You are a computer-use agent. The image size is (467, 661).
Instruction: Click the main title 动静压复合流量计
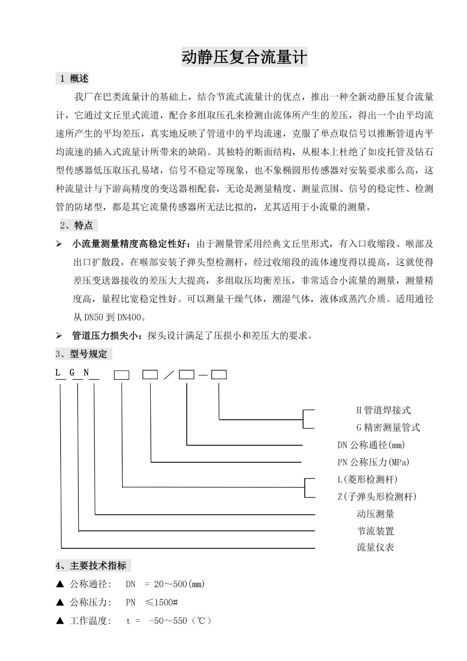244,57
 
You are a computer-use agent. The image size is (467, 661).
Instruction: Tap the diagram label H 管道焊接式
383,410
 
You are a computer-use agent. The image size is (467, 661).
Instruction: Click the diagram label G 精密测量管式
388,428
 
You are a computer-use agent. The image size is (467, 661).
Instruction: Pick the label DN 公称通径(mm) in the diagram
371,445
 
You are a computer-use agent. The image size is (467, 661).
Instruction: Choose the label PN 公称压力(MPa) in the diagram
373,462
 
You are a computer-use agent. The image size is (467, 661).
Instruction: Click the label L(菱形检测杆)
367,479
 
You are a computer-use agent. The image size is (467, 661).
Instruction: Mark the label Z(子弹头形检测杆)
377,497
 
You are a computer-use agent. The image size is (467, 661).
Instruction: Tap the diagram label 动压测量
375,514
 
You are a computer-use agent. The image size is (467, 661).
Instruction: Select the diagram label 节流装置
375,531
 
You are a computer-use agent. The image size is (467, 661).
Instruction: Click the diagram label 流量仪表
375,548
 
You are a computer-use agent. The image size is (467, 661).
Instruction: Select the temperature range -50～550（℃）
180,621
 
